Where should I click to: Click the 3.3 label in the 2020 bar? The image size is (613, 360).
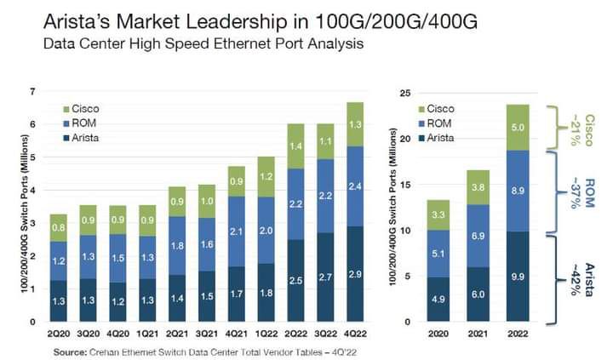[438, 215]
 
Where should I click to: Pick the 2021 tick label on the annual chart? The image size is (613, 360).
[478, 334]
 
